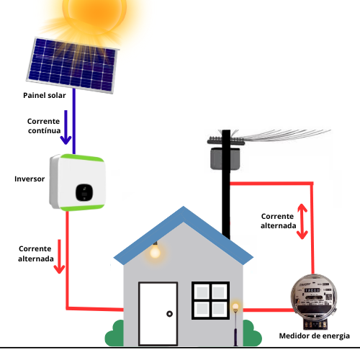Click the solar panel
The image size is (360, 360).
pos(73,66)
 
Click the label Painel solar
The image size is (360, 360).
pos(45,95)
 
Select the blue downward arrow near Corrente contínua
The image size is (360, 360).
pos(66,127)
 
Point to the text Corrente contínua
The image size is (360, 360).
pos(44,126)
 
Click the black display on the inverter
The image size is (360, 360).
pos(84,192)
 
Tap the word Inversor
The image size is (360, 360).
pos(30,179)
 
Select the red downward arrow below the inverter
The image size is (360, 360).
pos(59,256)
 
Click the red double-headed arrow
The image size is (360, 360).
pos(302,221)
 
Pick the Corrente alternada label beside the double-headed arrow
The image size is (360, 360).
pos(278,221)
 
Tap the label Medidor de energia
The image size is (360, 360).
pos(314,336)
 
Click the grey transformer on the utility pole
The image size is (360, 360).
pos(225,158)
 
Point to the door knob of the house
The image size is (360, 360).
pos(169,314)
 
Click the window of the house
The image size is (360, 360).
pos(210,300)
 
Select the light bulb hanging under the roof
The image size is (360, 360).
pos(155,251)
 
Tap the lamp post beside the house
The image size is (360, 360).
pos(235,325)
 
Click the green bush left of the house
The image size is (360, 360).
pos(114,333)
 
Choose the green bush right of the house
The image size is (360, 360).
pos(252,333)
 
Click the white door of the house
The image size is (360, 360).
pos(158,314)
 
